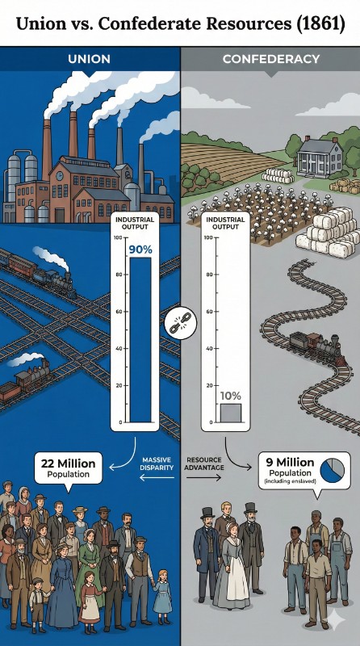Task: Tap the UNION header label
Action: [89, 59]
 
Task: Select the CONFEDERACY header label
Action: [271, 59]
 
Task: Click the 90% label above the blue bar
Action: [140, 250]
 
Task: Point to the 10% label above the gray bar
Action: [231, 396]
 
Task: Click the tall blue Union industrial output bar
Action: [140, 340]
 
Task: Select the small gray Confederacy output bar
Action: [231, 413]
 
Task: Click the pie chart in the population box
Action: [332, 471]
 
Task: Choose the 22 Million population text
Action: [69, 464]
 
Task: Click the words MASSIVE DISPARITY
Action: [157, 464]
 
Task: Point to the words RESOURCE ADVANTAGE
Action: [204, 464]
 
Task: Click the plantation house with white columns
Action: [320, 153]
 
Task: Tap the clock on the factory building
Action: [60, 176]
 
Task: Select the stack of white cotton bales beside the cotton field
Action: [326, 233]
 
